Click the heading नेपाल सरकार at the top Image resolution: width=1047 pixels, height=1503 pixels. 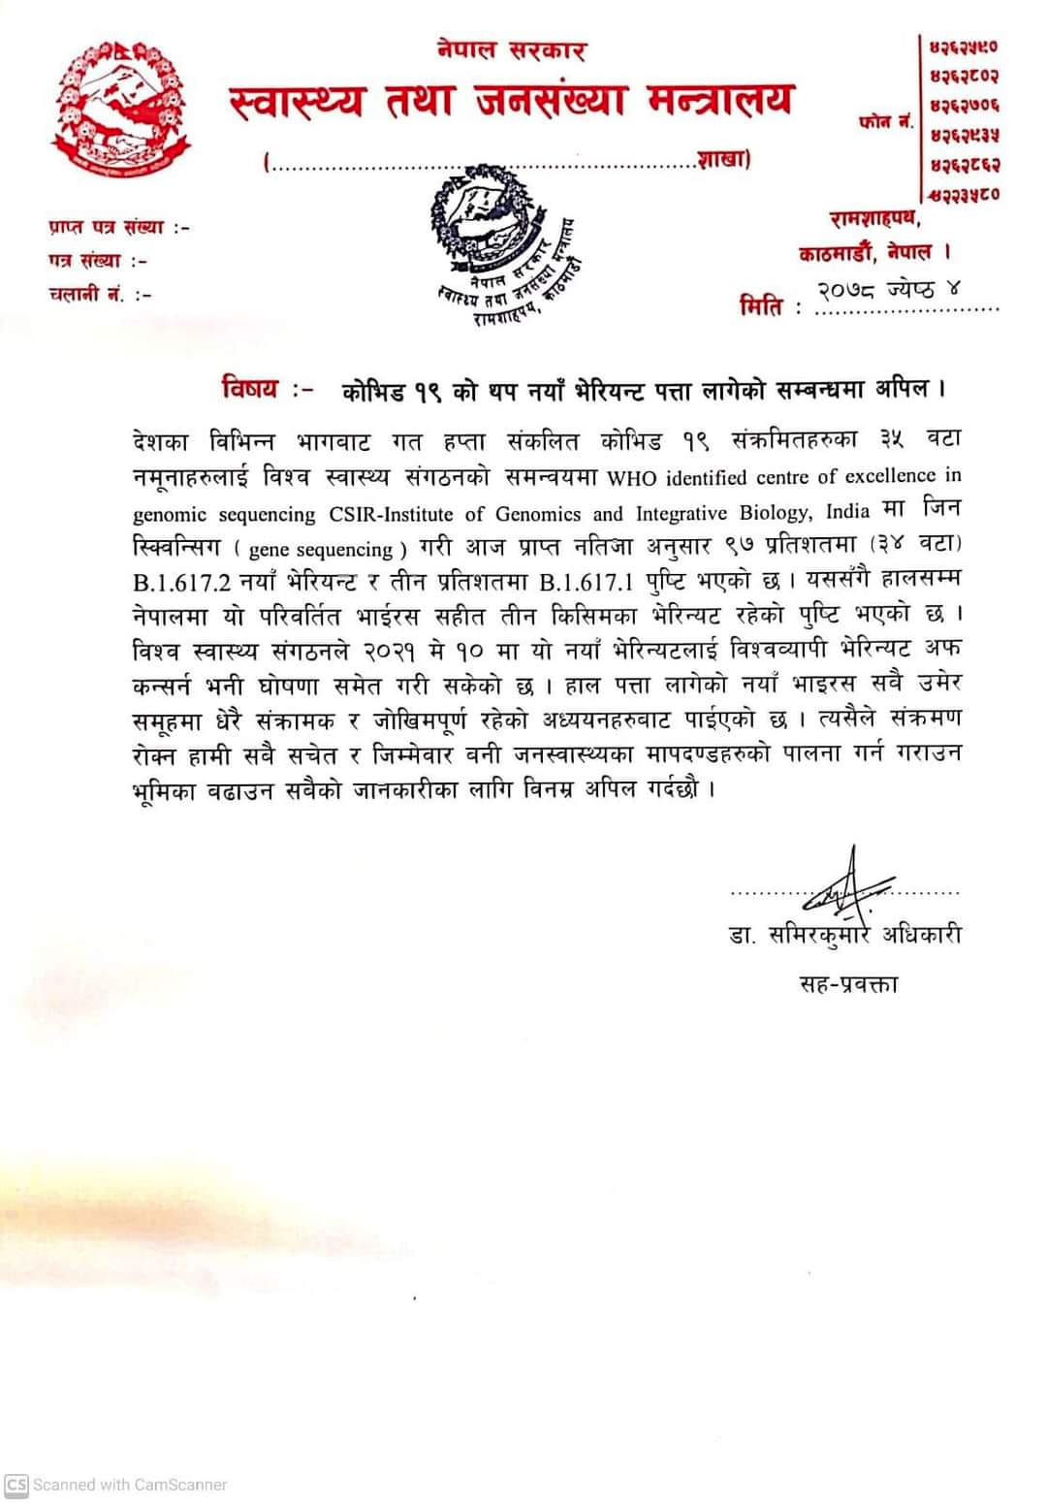(510, 48)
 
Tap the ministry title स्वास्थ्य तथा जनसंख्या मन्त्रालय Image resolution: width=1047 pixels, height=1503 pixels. (512, 101)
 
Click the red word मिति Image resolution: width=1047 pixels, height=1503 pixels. (761, 307)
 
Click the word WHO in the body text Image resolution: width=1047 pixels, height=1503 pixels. (630, 478)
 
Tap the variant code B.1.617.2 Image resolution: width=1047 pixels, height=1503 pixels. (191, 585)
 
